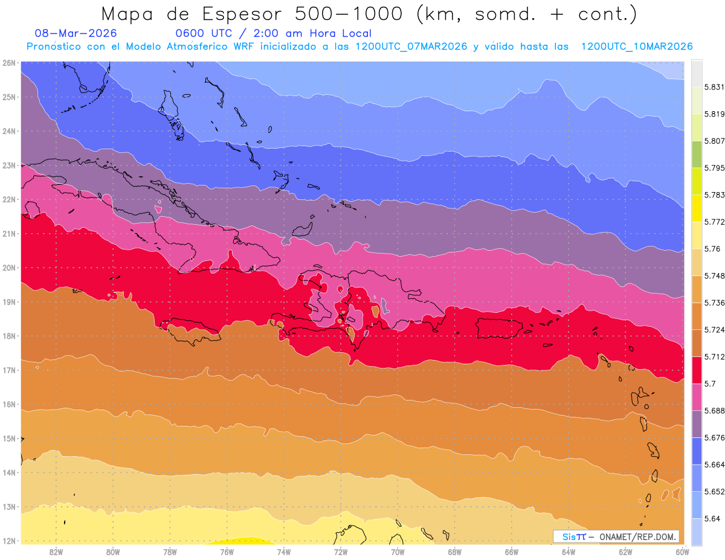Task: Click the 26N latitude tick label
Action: [8, 62]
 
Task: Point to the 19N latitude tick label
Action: [8, 301]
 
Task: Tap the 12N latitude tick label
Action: [8, 541]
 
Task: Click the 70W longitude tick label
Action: [398, 552]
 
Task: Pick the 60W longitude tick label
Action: [683, 552]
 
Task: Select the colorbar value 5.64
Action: [701, 518]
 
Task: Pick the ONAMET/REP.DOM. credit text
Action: [638, 536]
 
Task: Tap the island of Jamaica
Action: [192, 331]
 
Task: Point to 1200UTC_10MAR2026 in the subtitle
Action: [636, 47]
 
